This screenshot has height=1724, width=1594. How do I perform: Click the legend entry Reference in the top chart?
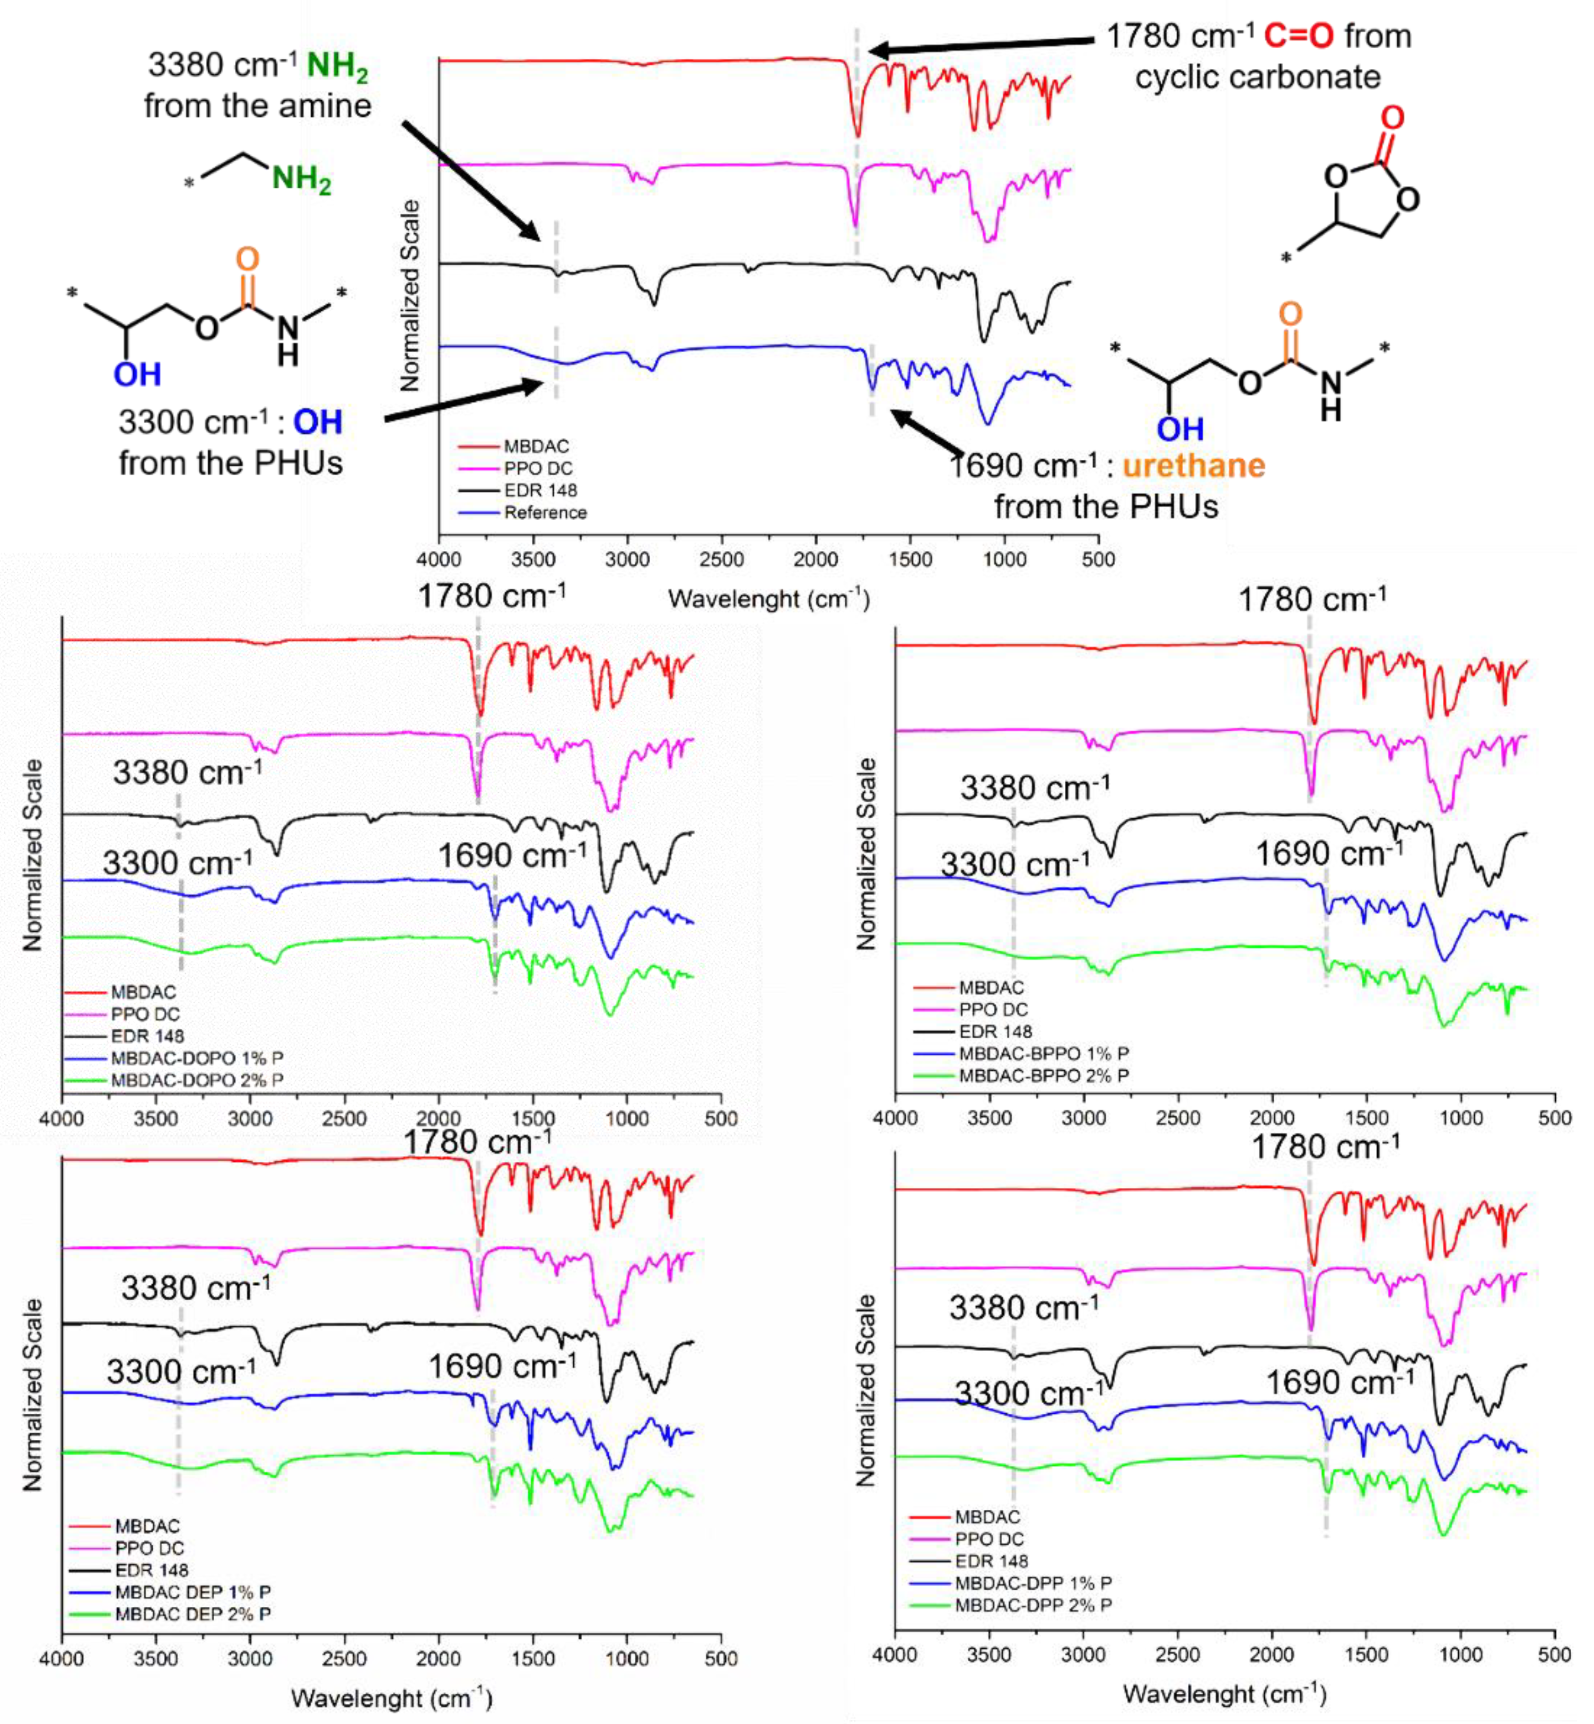click(x=544, y=512)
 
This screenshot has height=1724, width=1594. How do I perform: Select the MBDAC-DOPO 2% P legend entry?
click(x=197, y=1080)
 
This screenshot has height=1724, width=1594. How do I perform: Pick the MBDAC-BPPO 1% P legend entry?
click(x=1044, y=1053)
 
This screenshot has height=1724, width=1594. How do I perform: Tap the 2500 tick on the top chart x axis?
click(x=721, y=559)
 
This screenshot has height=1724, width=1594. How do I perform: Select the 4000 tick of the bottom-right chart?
click(x=895, y=1655)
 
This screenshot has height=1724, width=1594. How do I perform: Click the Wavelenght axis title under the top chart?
click(x=768, y=599)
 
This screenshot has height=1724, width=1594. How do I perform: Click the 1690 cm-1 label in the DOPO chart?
click(x=512, y=855)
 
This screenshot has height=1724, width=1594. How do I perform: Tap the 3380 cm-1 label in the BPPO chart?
click(x=1035, y=787)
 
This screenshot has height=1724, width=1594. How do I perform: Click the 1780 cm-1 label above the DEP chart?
click(x=477, y=1142)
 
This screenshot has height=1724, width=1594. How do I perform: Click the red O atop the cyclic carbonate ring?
click(x=1392, y=118)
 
